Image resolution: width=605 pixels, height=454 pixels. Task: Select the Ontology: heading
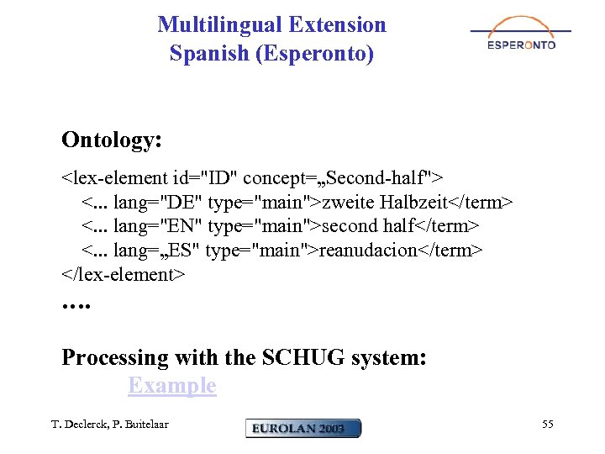click(x=112, y=140)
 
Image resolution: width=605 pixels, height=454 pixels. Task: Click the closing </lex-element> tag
click(x=123, y=274)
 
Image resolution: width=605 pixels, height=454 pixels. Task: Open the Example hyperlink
click(x=171, y=386)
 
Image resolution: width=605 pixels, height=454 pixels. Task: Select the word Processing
click(x=115, y=358)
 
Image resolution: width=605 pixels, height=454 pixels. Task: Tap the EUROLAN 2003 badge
click(x=303, y=428)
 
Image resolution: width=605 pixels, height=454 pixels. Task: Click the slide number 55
click(x=547, y=425)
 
